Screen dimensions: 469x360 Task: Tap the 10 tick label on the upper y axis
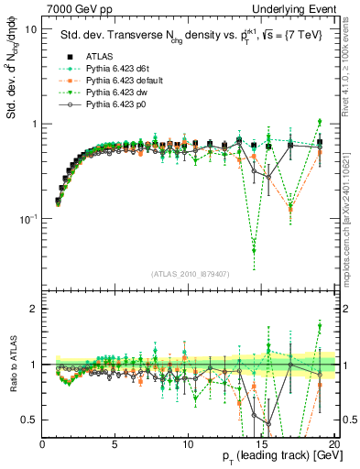pos(30,29)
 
